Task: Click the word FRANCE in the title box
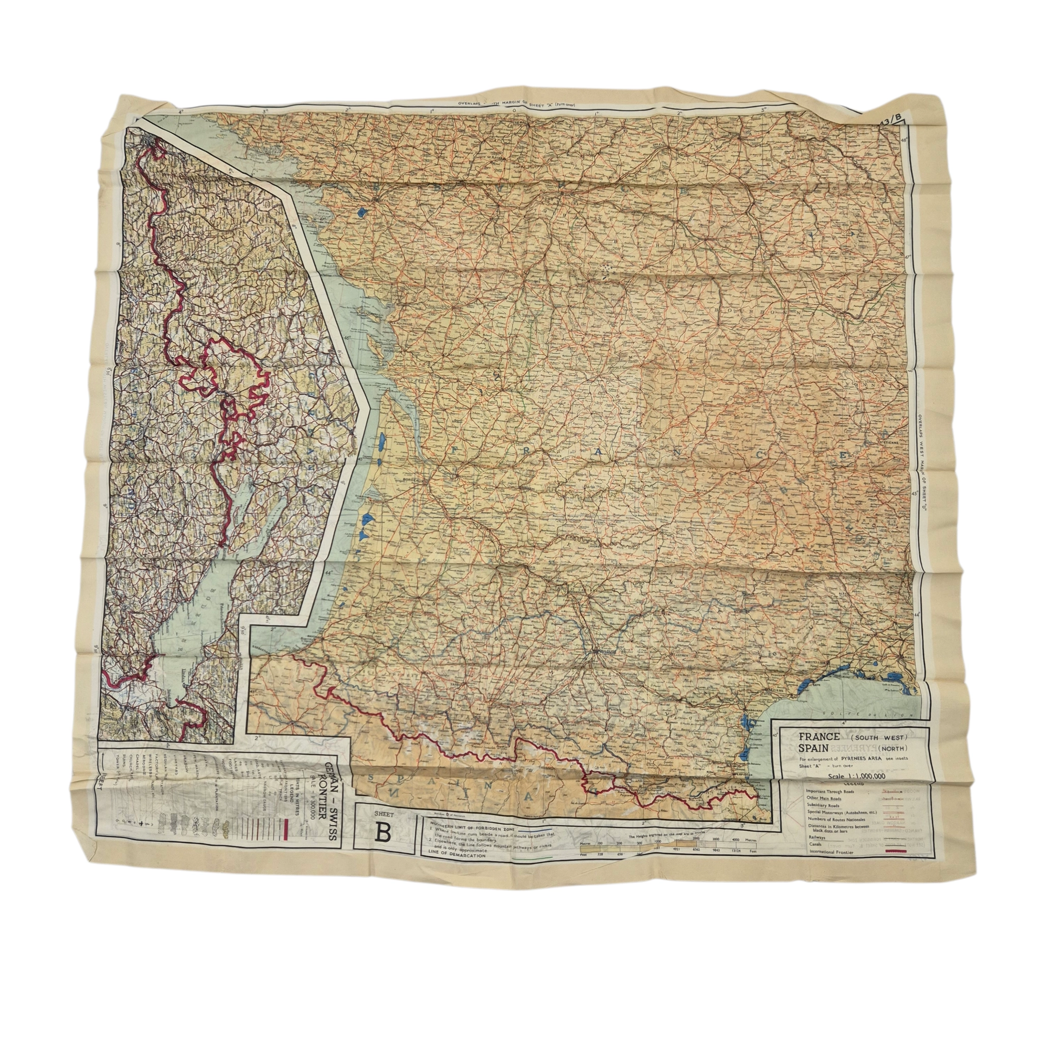tap(819, 737)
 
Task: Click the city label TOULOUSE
tap(608, 651)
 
